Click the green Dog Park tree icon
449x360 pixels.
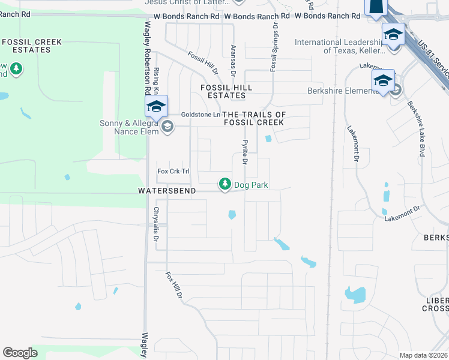pyautogui.click(x=225, y=184)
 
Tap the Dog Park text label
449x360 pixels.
pyautogui.click(x=251, y=185)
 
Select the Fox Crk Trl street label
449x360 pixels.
pyautogui.click(x=173, y=172)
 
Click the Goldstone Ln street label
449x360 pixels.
pyautogui.click(x=200, y=115)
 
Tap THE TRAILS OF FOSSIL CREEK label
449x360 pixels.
pyautogui.click(x=253, y=118)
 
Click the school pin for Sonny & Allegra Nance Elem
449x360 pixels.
pyautogui.click(x=155, y=107)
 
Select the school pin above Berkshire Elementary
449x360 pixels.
pyautogui.click(x=382, y=81)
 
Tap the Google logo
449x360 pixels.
pyautogui.click(x=20, y=353)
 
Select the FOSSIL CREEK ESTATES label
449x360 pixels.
pyautogui.click(x=26, y=46)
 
